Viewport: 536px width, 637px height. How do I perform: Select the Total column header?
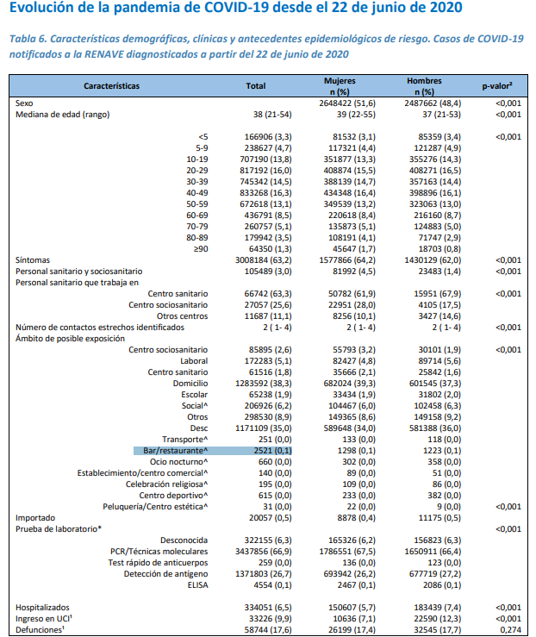(x=255, y=86)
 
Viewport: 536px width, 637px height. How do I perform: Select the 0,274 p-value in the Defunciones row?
(x=508, y=631)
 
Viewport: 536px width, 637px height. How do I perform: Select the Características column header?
(x=111, y=86)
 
